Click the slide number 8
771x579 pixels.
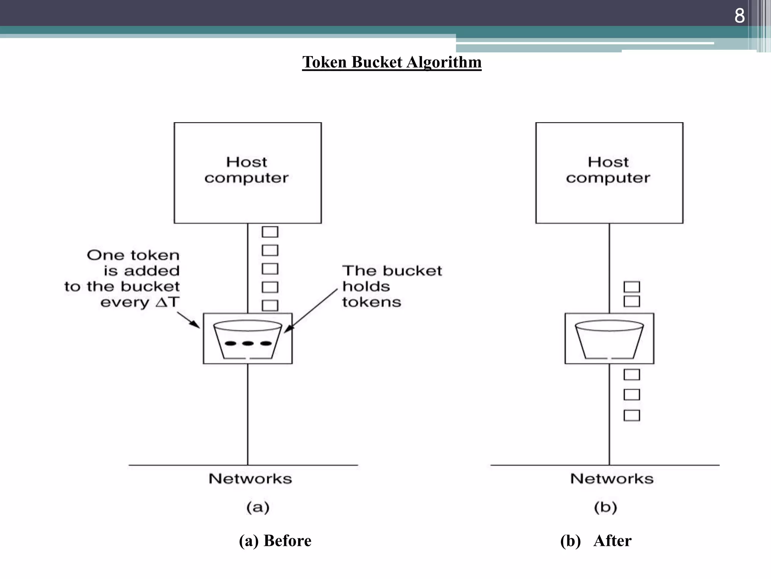[x=739, y=16]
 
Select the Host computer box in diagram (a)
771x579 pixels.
[x=247, y=173]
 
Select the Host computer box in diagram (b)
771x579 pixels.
[x=609, y=173]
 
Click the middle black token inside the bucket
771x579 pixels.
[x=247, y=343]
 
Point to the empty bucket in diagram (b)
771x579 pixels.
[x=609, y=339]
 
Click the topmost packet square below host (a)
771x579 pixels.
[x=270, y=232]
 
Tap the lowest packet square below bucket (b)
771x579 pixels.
[x=631, y=415]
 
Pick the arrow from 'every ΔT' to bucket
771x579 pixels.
[x=188, y=320]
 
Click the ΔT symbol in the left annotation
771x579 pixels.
[x=167, y=302]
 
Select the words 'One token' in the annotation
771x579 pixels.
[x=133, y=255]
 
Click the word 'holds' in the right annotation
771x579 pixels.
[x=366, y=286]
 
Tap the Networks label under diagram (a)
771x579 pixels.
[x=250, y=479]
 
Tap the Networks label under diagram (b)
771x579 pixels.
[x=612, y=479]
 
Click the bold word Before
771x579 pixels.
[x=287, y=541]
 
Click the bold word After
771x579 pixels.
[x=612, y=541]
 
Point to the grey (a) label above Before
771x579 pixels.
[x=258, y=507]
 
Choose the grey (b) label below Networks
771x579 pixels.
[x=605, y=507]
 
